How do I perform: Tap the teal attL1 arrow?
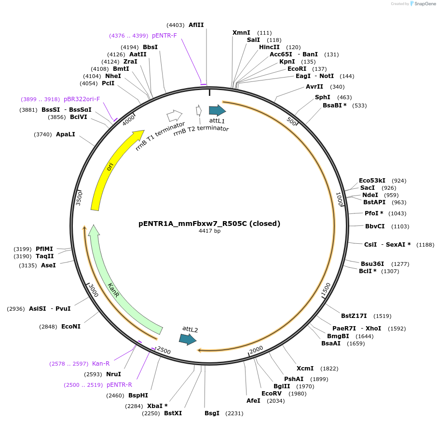pos(217,110)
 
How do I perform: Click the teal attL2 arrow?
pos(187,339)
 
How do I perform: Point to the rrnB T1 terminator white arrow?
pos(174,116)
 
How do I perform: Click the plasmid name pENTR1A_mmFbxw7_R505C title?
pos(209,224)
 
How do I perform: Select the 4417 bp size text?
pos(209,231)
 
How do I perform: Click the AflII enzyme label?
pos(196,25)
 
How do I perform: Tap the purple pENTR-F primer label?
pos(164,36)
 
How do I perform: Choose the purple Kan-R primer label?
pos(101,363)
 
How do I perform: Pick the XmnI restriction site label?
pos(241,32)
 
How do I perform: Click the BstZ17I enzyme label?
pos(354,316)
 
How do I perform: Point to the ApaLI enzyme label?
pos(66,134)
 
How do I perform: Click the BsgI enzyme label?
pos(212,413)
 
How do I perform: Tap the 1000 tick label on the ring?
pos(339,199)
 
